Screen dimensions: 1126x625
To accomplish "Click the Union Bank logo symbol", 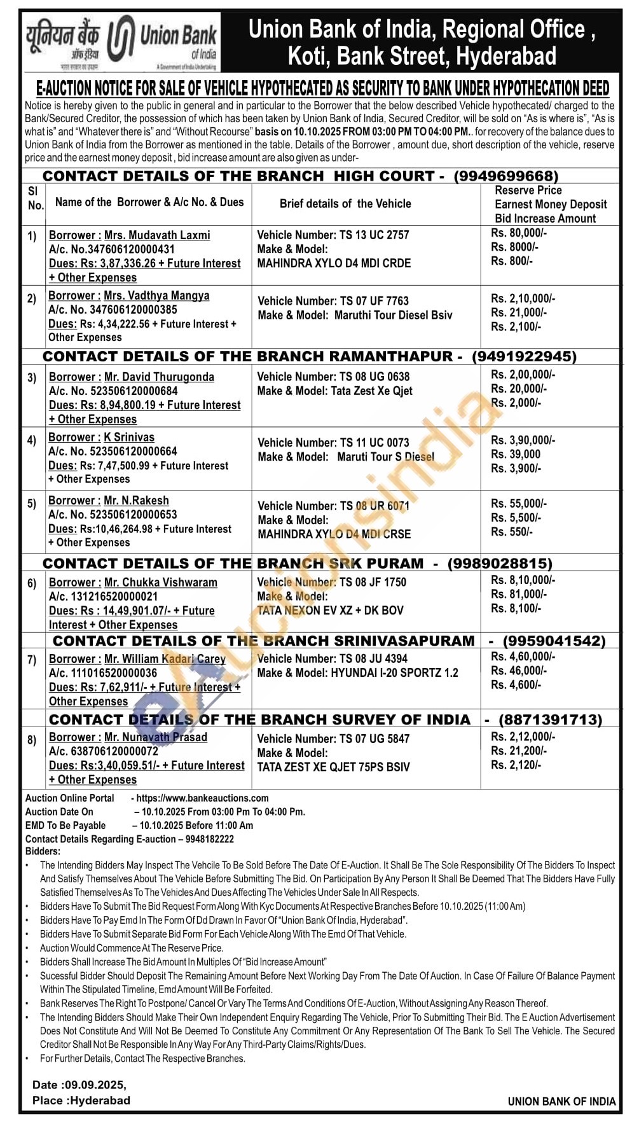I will tap(121, 42).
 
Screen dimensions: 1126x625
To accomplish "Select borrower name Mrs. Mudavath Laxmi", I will tap(157, 235).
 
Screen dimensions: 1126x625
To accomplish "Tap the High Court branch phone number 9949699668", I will tap(506, 176).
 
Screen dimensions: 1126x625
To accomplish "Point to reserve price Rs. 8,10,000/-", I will tap(523, 580).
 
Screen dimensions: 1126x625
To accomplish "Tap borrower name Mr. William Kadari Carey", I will tap(165, 659).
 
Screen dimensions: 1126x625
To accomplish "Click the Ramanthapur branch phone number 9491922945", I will tap(524, 356).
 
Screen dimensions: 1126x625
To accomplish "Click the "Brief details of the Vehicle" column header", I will tap(345, 204).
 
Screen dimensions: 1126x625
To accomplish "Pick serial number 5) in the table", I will tap(32, 504).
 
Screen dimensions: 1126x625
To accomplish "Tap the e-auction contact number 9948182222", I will tap(210, 839).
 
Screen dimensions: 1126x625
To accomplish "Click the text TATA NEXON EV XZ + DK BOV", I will tap(330, 610).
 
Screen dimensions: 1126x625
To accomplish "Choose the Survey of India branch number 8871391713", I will tap(550, 719).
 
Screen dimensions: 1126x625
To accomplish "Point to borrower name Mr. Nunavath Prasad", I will tap(155, 737).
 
